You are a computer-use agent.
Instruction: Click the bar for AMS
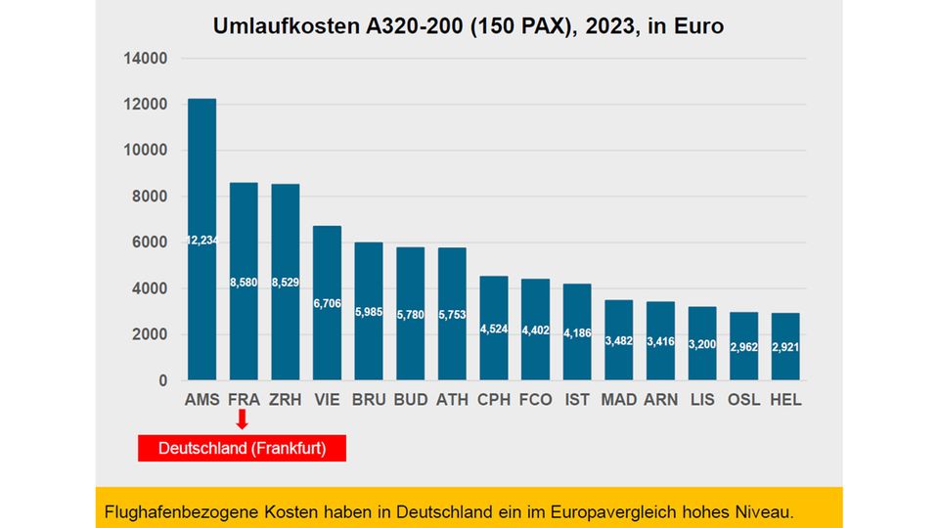(x=201, y=240)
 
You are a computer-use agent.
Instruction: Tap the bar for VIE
(x=327, y=303)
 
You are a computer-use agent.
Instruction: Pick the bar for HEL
(x=785, y=347)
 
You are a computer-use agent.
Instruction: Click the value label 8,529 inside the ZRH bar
(x=285, y=282)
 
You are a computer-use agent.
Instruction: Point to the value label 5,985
(x=369, y=312)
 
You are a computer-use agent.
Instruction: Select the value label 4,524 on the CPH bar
(x=494, y=329)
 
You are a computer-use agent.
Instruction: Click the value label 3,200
(x=702, y=344)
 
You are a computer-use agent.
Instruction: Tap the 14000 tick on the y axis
(x=145, y=59)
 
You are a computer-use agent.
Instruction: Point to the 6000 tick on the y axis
(x=149, y=242)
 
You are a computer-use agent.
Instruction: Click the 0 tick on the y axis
(x=162, y=380)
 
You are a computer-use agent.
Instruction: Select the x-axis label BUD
(x=411, y=400)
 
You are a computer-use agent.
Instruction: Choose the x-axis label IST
(x=577, y=400)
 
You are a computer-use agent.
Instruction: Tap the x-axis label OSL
(x=744, y=400)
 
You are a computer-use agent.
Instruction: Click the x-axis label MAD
(x=619, y=400)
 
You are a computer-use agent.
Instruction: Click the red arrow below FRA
(x=243, y=419)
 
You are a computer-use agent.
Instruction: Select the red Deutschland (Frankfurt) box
(x=243, y=448)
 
